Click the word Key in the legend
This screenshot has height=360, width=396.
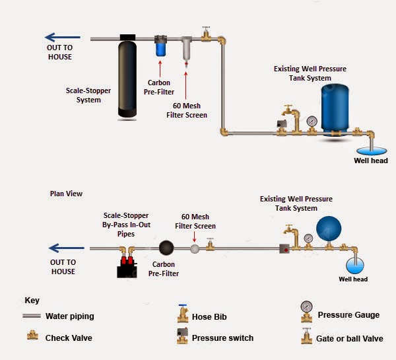[x=32, y=300]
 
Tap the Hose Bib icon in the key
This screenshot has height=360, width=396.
[x=180, y=314]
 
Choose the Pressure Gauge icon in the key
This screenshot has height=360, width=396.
[x=306, y=310]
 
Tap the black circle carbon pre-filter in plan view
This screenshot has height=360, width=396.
[x=165, y=249]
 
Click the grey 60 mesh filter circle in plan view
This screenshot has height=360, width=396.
[x=195, y=249]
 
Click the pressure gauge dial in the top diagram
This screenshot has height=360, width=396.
[x=312, y=121]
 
